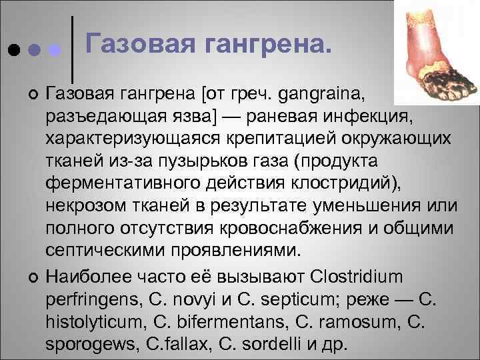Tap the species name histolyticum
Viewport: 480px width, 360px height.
pos(93,320)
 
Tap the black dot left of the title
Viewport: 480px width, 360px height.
pos(13,50)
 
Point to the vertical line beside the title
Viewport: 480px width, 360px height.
pos(71,43)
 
